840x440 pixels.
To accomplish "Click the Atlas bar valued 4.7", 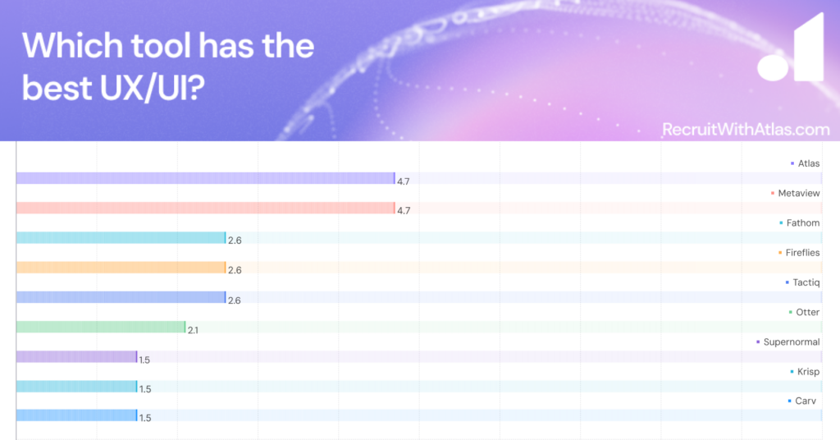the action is (x=206, y=178).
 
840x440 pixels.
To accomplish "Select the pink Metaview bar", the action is (x=206, y=208).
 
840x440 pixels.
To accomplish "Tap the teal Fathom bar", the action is (x=121, y=238).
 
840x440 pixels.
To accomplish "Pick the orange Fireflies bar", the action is (x=121, y=268).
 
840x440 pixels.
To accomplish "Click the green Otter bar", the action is (x=101, y=327).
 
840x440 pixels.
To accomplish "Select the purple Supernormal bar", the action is (x=76, y=356).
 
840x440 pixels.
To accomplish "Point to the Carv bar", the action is (x=76, y=415).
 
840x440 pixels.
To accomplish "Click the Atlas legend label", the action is (x=808, y=163).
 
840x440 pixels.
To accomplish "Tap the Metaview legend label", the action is (x=799, y=194).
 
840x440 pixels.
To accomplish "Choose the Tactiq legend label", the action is (x=806, y=282).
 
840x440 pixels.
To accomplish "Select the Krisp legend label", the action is (x=808, y=371).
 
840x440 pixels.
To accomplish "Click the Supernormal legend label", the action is (x=792, y=342).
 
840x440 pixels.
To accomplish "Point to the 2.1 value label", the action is (x=193, y=331).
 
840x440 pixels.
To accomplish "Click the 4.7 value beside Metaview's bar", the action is (x=404, y=211).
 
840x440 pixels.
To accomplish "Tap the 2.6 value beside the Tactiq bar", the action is (x=234, y=300).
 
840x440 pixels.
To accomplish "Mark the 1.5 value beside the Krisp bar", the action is (x=144, y=389).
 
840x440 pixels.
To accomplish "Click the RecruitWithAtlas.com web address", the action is (x=746, y=129).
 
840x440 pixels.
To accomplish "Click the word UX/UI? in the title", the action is (x=152, y=87).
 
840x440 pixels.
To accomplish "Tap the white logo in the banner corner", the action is (x=791, y=49).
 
